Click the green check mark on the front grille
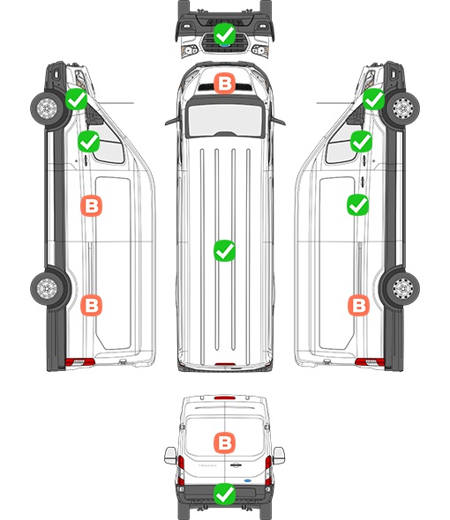point(224,33)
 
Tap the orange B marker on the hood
point(224,83)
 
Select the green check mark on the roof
point(224,250)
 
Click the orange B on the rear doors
point(224,442)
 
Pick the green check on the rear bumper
point(224,494)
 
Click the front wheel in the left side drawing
point(47,108)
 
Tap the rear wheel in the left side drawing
point(47,288)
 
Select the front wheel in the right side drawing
point(403,108)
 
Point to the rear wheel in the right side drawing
point(403,288)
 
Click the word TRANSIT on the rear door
point(207,465)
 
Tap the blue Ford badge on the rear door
point(248,480)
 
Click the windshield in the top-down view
point(225,119)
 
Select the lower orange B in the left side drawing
point(92,305)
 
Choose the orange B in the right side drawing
point(358,305)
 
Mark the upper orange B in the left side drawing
point(92,206)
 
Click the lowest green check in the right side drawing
point(357,205)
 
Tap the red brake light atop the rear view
point(225,397)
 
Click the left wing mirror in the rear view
point(170,456)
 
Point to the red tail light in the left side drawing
point(79,362)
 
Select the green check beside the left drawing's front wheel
point(76,100)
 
